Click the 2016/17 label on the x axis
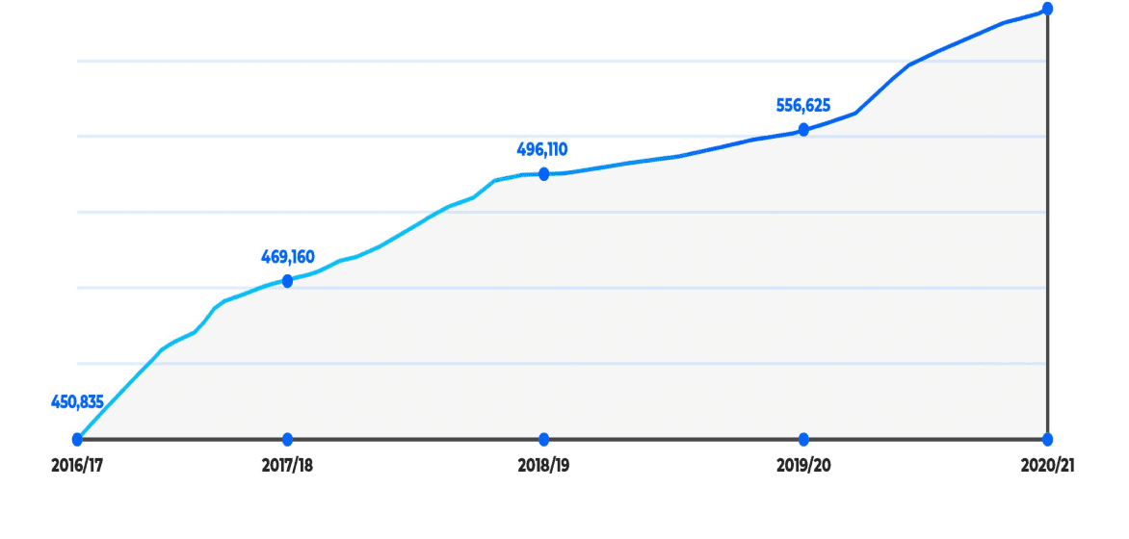click(x=77, y=466)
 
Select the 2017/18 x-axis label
click(x=287, y=466)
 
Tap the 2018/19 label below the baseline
click(x=543, y=466)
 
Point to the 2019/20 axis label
click(x=803, y=466)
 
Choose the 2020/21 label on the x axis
click(x=1048, y=466)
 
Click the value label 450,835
click(x=77, y=402)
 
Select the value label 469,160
click(x=287, y=257)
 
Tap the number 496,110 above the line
click(x=542, y=150)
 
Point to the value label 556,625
click(x=803, y=106)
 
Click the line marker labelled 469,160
click(x=287, y=281)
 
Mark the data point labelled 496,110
click(x=543, y=173)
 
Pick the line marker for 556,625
click(x=803, y=130)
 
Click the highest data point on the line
click(x=1048, y=9)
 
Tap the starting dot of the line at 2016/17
click(x=77, y=439)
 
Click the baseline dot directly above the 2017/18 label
click(x=287, y=439)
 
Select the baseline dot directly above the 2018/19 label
click(x=543, y=439)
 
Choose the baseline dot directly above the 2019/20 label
click(x=803, y=439)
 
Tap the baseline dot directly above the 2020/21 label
click(x=1048, y=439)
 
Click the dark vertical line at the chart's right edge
click(x=1048, y=224)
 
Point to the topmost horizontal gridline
click(x=562, y=62)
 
